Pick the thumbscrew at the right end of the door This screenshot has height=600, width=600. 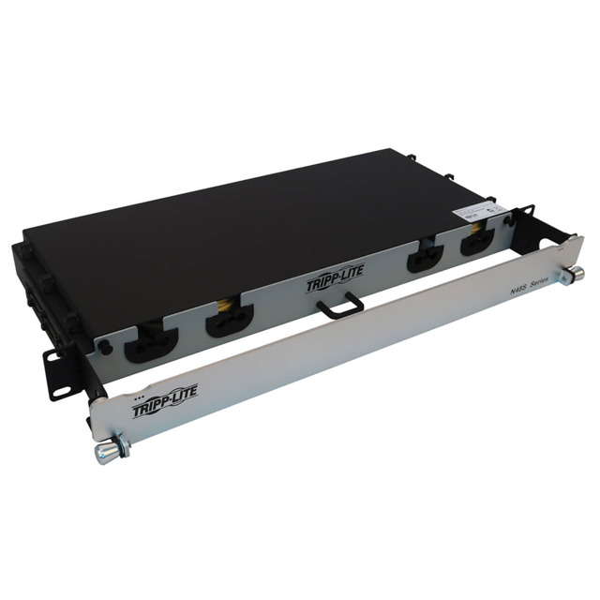[x=574, y=273]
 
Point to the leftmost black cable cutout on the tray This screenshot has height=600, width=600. [x=151, y=344]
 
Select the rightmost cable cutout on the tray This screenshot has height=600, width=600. [x=474, y=244]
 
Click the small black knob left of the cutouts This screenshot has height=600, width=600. [x=106, y=346]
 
